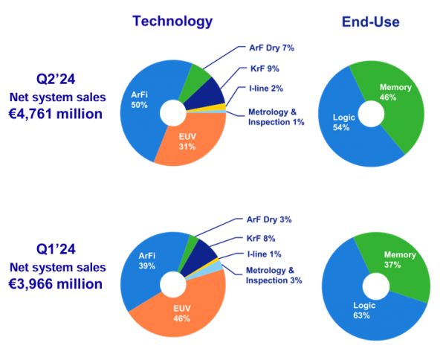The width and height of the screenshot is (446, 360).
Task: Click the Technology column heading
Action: point(172,21)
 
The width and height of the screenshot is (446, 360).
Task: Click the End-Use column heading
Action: point(371,22)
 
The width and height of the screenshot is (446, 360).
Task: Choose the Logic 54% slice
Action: point(347,123)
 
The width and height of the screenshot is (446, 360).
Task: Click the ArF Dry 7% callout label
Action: point(270,49)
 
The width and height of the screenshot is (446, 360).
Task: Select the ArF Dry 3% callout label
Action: point(269,219)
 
